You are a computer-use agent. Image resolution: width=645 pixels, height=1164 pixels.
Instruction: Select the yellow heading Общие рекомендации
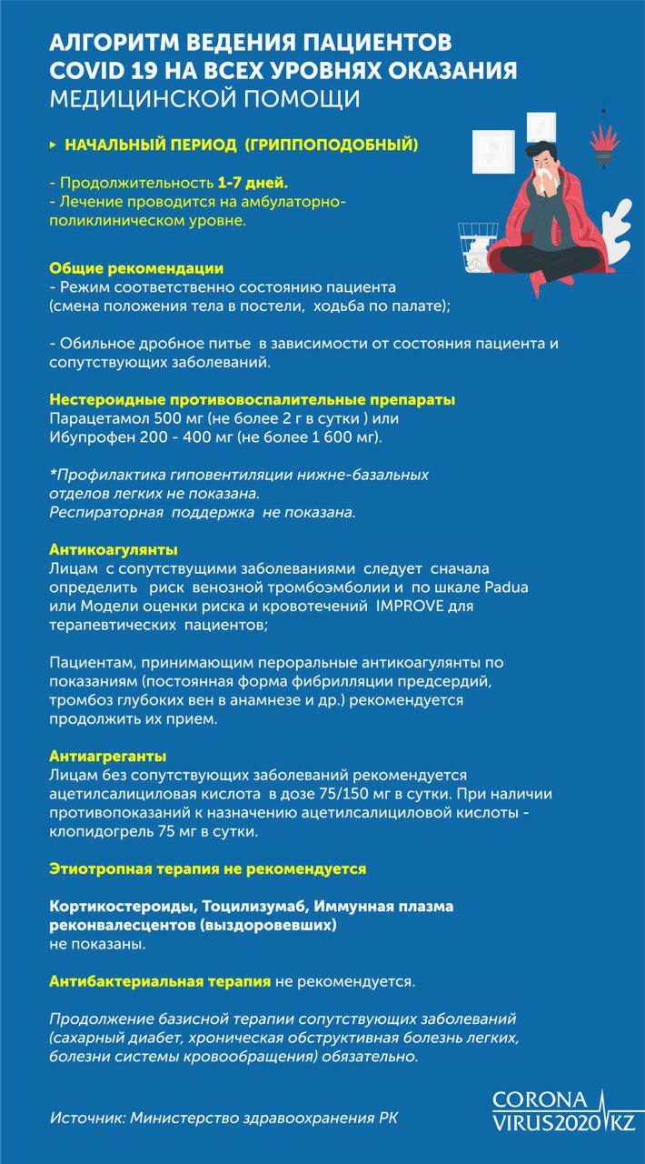[x=136, y=268]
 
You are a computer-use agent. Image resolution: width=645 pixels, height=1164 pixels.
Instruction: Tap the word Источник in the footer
[x=87, y=1116]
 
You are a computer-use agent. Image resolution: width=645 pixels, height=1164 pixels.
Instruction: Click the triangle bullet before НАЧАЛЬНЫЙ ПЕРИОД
[x=54, y=145]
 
